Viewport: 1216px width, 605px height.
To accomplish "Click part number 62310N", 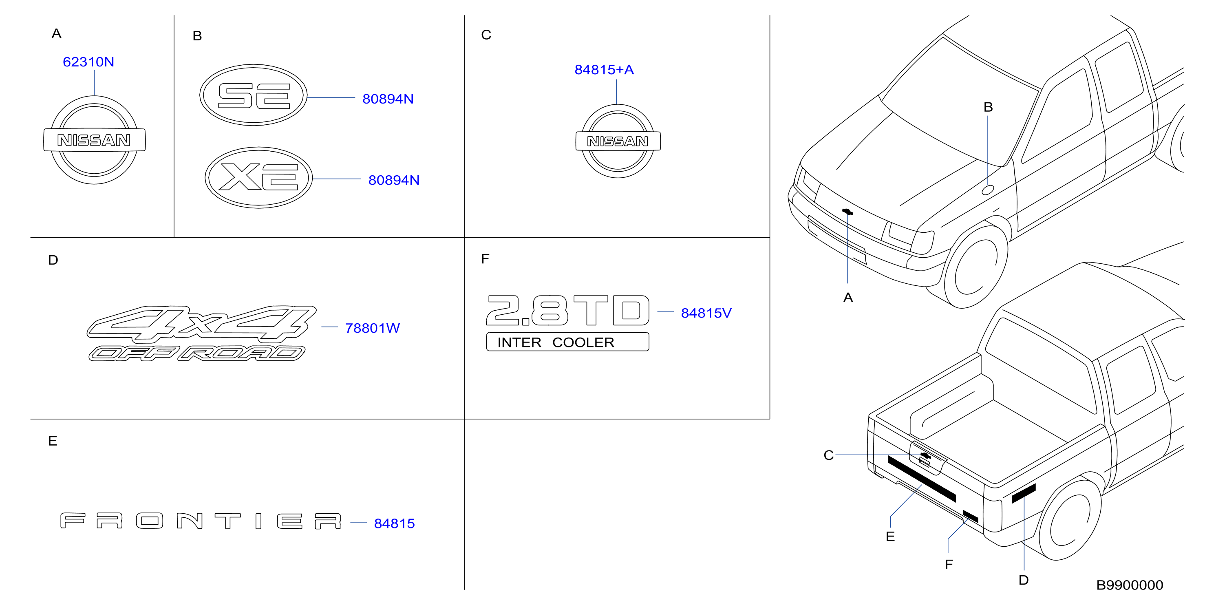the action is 88,62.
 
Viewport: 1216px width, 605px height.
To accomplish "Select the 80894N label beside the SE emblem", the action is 388,99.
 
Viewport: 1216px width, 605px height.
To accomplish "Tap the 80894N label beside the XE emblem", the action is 394,180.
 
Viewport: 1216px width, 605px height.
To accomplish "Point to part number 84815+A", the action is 604,69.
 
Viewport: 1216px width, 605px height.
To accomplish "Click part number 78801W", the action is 373,328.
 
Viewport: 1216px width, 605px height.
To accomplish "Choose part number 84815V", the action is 706,313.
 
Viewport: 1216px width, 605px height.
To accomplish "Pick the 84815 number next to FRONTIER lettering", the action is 394,523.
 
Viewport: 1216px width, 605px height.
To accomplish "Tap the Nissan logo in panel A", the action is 95,140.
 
